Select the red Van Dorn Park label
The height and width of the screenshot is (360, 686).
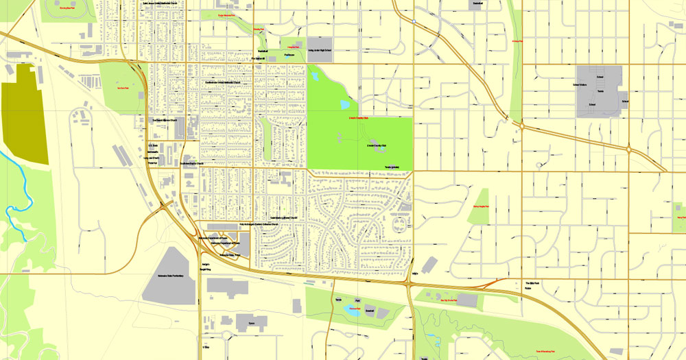[121, 89]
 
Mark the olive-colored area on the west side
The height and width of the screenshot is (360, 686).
[25, 113]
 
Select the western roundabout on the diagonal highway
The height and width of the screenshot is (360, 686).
[522, 125]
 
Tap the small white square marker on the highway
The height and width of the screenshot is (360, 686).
[414, 21]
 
